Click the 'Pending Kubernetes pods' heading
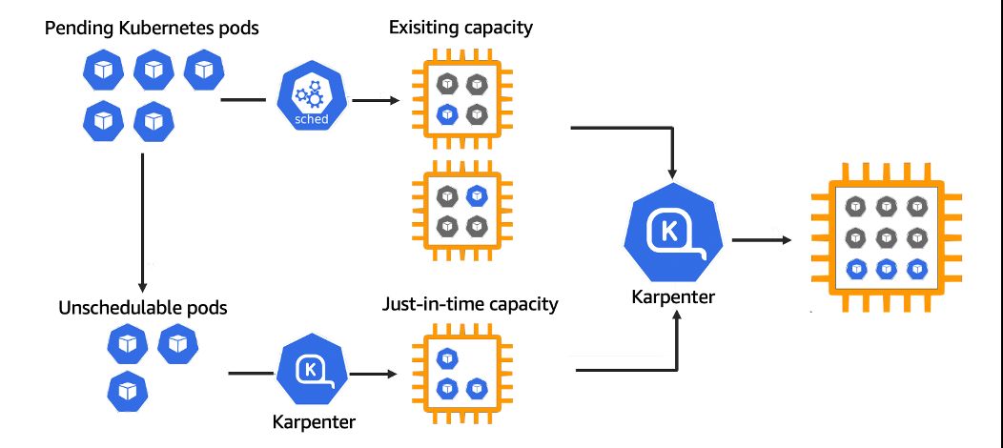pos(153,29)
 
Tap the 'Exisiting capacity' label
pos(461,27)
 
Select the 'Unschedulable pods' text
pos(143,308)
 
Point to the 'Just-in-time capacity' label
pos(470,305)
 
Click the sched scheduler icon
pos(310,99)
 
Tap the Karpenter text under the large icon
pos(672,296)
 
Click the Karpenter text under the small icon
pos(310,419)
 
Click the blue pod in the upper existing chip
pos(445,114)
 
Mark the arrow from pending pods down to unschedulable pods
pos(141,219)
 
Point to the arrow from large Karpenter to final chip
pos(763,238)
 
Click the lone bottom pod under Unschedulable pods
pos(125,389)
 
